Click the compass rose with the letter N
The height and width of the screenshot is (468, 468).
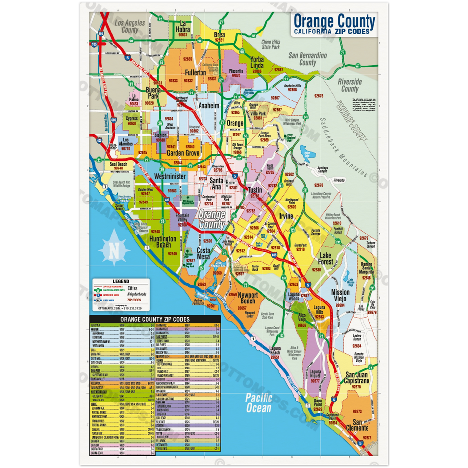coord(114,248)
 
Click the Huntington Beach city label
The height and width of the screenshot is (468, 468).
coord(163,242)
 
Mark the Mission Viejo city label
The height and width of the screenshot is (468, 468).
coord(340,296)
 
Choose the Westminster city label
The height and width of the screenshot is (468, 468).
coord(170,176)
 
